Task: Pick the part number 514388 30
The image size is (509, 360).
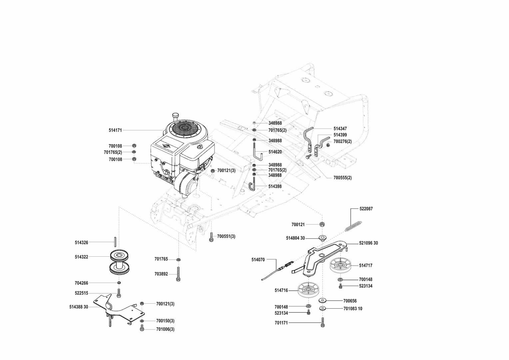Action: [x=79, y=307]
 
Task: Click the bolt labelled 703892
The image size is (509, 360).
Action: [x=179, y=274]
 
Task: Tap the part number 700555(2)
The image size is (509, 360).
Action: [x=342, y=178]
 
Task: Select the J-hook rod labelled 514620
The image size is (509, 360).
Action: [x=257, y=152]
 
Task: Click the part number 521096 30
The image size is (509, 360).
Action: [x=368, y=243]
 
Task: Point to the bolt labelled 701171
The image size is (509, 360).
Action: [x=322, y=323]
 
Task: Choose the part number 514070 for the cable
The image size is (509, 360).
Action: [x=258, y=259]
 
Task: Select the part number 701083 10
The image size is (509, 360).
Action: [x=353, y=309]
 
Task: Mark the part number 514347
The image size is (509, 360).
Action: [x=340, y=129]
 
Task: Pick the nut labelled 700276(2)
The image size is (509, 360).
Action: [x=327, y=144]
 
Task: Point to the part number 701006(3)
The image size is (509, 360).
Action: [x=165, y=329]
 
